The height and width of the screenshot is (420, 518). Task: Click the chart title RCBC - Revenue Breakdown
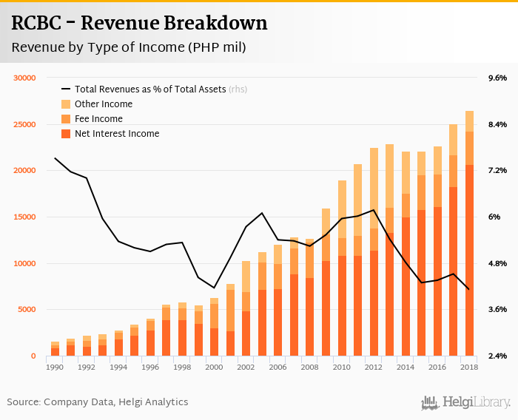coord(139,24)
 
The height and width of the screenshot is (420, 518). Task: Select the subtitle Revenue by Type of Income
coord(128,48)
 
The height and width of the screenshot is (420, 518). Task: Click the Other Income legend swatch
coord(66,104)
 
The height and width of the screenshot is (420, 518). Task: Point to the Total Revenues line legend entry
coord(152,89)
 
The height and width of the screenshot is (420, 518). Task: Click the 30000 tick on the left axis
coord(25,78)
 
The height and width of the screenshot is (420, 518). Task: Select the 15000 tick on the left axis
coord(25,217)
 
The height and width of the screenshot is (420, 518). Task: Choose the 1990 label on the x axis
coord(55,367)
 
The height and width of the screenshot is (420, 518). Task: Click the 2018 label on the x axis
coord(469,367)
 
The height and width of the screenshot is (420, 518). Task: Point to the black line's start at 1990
coord(55,158)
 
